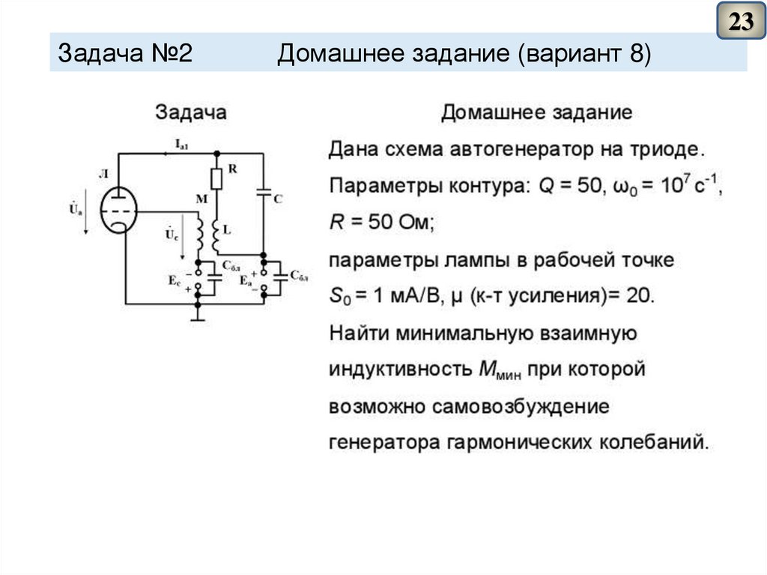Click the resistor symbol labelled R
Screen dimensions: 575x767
[x=216, y=178]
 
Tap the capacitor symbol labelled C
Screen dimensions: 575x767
[x=264, y=194]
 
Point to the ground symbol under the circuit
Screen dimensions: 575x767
[x=198, y=316]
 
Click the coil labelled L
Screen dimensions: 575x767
[x=216, y=234]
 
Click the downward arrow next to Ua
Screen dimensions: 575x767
[x=86, y=217]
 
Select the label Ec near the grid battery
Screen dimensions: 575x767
[x=175, y=280]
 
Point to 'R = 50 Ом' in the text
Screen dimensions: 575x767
[x=382, y=223]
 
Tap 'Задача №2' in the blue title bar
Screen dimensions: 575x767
[x=126, y=54]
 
